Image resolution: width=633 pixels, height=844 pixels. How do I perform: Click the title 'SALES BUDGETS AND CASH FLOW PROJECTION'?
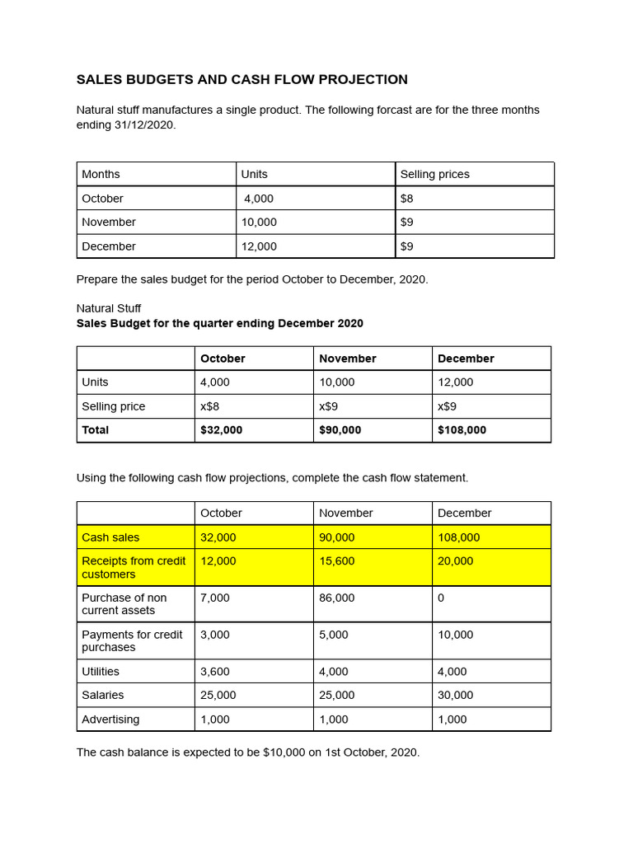click(x=241, y=80)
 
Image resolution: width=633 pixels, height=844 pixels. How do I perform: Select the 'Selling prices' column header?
click(x=434, y=174)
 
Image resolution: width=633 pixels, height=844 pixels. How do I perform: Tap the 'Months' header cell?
click(x=101, y=174)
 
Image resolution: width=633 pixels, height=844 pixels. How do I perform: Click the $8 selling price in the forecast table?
click(x=407, y=199)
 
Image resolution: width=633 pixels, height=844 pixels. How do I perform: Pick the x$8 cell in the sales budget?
click(x=210, y=406)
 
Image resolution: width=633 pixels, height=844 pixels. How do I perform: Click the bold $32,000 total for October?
click(x=222, y=430)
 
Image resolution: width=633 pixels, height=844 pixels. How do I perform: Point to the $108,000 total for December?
click(x=462, y=430)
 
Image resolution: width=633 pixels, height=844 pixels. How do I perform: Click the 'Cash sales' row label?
click(x=110, y=537)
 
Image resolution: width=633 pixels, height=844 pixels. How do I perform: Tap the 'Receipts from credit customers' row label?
click(x=134, y=567)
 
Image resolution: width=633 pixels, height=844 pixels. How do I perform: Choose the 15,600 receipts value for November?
click(x=336, y=560)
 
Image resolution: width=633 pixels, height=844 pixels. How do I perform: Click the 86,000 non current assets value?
click(x=336, y=598)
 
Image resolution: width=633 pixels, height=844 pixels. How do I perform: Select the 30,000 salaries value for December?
click(x=455, y=696)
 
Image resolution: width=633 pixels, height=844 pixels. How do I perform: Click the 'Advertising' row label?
click(x=110, y=720)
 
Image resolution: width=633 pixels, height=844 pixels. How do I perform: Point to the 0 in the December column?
click(x=441, y=598)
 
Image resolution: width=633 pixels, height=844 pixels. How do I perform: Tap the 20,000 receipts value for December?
click(x=455, y=560)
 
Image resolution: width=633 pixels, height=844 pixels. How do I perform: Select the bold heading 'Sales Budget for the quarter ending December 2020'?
click(x=219, y=324)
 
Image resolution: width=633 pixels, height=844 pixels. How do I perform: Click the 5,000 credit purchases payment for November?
click(x=333, y=635)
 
